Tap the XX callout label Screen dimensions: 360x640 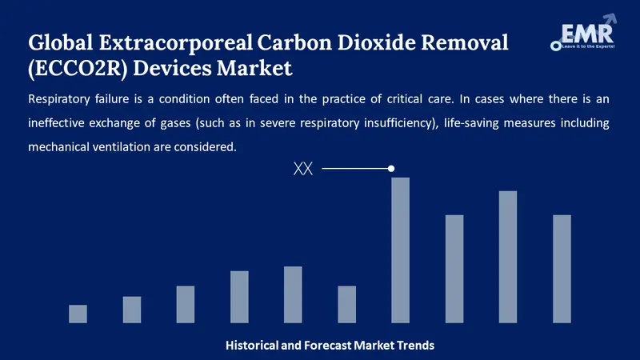(303, 169)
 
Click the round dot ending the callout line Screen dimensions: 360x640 (391, 169)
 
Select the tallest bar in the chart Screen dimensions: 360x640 (400, 250)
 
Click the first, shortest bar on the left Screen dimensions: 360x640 (78, 314)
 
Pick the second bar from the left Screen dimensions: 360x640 (132, 310)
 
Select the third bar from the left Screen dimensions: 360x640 (186, 304)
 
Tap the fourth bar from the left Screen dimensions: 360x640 (239, 297)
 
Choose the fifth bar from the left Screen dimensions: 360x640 (293, 294)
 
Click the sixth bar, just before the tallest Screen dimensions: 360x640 (346, 304)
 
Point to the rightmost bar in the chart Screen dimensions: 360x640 (562, 268)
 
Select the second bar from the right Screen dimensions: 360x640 (508, 256)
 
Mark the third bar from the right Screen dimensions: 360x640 (454, 268)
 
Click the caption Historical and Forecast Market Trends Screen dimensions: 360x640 (330, 346)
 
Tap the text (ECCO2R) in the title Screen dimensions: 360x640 (78, 69)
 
